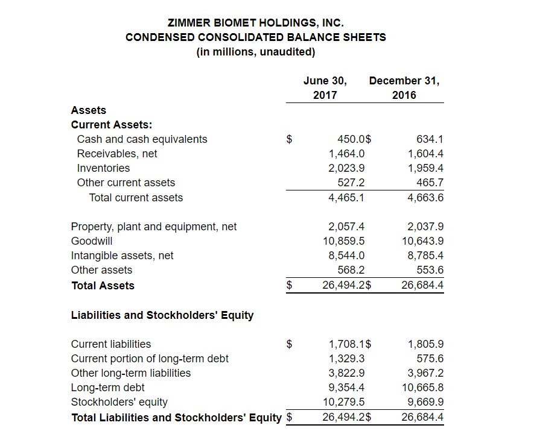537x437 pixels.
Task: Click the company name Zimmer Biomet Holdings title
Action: pos(256,23)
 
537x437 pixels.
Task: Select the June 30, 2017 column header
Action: pos(325,87)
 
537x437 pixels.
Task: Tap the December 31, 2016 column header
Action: pos(404,87)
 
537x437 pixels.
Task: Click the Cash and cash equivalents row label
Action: pos(142,139)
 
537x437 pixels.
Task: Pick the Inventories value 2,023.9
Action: pos(346,168)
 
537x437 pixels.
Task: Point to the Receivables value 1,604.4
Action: pos(425,154)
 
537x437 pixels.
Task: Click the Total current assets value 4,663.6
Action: pos(425,198)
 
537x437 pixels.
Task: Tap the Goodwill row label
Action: pos(92,241)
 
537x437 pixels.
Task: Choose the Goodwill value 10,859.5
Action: pos(344,241)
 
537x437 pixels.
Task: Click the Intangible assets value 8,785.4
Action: pos(425,256)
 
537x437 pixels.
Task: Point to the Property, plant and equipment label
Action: pos(154,227)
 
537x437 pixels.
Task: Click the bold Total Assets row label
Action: pos(103,286)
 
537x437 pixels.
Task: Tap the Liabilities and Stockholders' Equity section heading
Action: pos(162,315)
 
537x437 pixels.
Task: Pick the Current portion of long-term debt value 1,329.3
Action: pos(346,359)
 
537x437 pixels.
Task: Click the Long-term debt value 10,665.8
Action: pos(423,388)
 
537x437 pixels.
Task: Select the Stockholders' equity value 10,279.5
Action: pos(344,402)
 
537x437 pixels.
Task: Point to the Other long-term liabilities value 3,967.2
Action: pos(425,373)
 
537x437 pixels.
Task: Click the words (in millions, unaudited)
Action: pos(256,52)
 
